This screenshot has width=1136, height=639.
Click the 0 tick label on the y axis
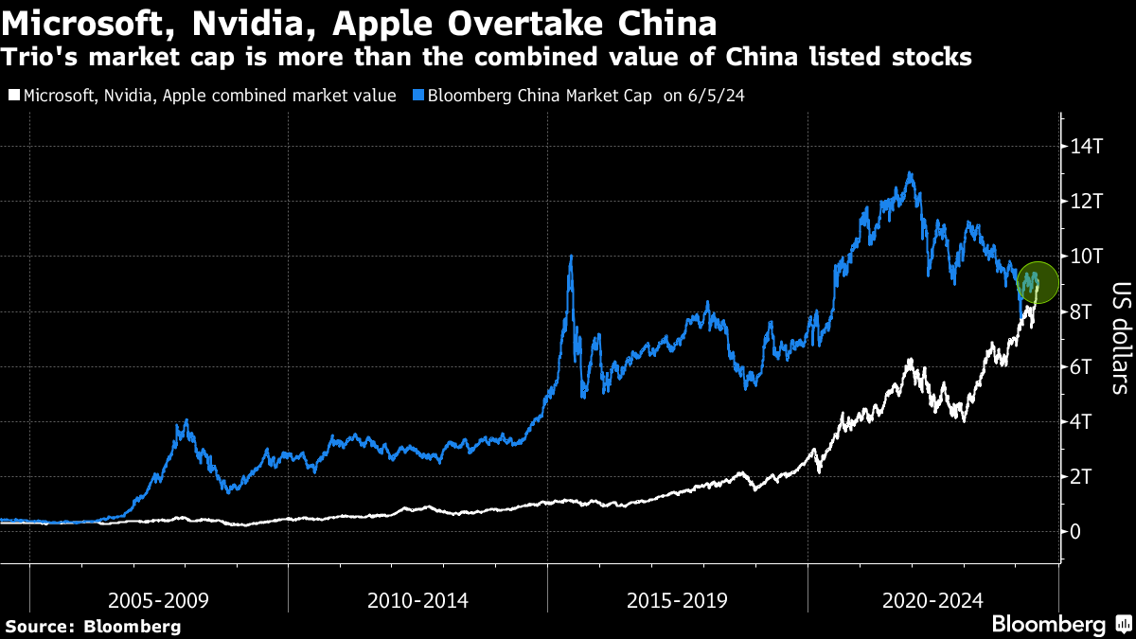pyautogui.click(x=1075, y=531)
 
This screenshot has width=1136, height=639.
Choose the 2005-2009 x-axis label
pyautogui.click(x=158, y=600)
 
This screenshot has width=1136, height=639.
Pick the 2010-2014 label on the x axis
pyautogui.click(x=417, y=600)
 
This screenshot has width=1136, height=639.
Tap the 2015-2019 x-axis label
pyautogui.click(x=677, y=600)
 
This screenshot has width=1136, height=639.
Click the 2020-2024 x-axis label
pyautogui.click(x=932, y=600)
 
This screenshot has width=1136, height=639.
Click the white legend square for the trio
pyautogui.click(x=12, y=96)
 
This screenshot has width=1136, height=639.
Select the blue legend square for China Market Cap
pyautogui.click(x=418, y=96)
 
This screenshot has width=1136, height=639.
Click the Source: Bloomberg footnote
pyautogui.click(x=93, y=626)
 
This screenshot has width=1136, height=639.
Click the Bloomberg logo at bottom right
pyautogui.click(x=1048, y=625)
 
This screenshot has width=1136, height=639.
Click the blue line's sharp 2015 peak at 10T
pyautogui.click(x=570, y=257)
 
